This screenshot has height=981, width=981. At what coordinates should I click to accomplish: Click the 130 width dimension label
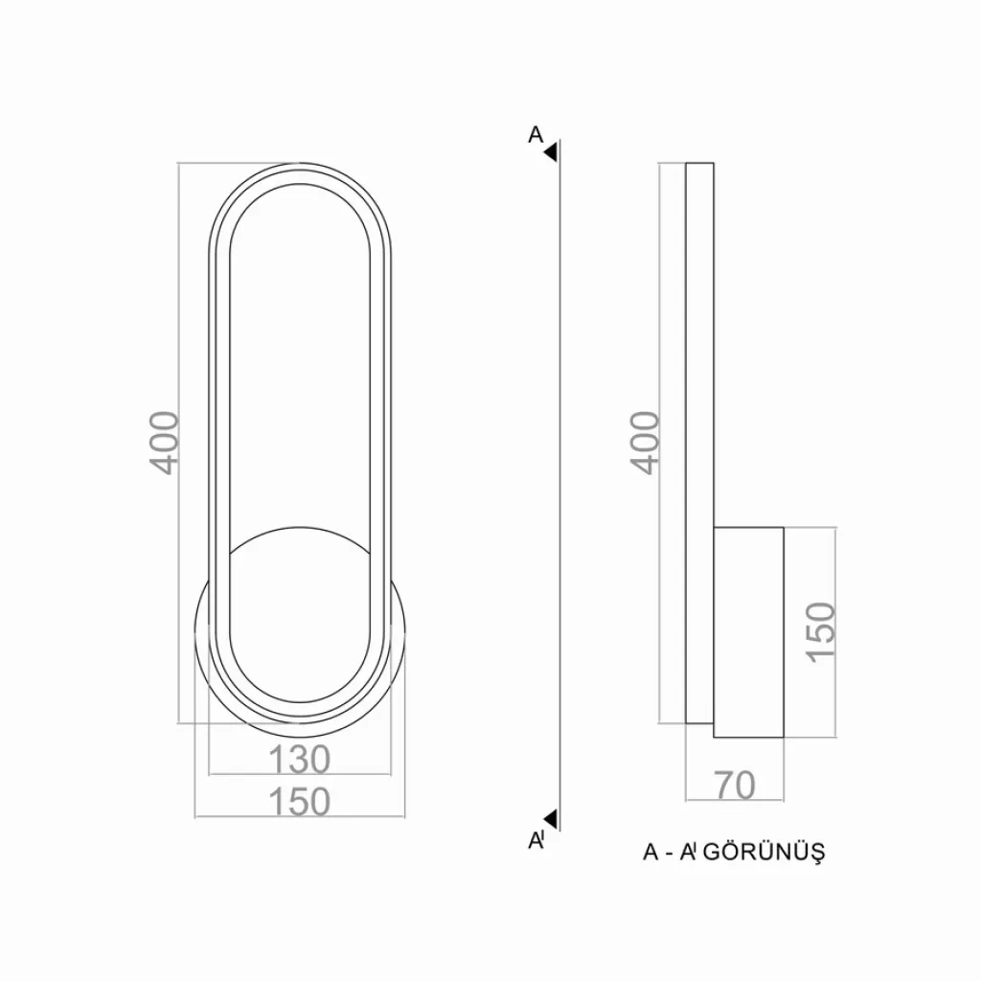(x=299, y=759)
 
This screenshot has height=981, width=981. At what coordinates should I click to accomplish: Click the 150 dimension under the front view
(x=299, y=802)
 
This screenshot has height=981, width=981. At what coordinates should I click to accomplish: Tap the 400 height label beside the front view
(x=165, y=443)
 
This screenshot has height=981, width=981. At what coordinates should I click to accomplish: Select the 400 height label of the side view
(x=645, y=443)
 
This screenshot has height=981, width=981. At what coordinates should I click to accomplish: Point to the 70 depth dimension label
(x=735, y=786)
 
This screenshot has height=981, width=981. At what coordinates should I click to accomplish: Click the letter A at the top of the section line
(x=536, y=134)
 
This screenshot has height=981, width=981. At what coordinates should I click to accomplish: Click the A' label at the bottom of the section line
(x=536, y=840)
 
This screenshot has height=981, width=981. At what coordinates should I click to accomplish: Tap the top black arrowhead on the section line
(x=551, y=152)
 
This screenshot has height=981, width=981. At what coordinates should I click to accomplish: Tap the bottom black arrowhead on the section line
(x=551, y=818)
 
